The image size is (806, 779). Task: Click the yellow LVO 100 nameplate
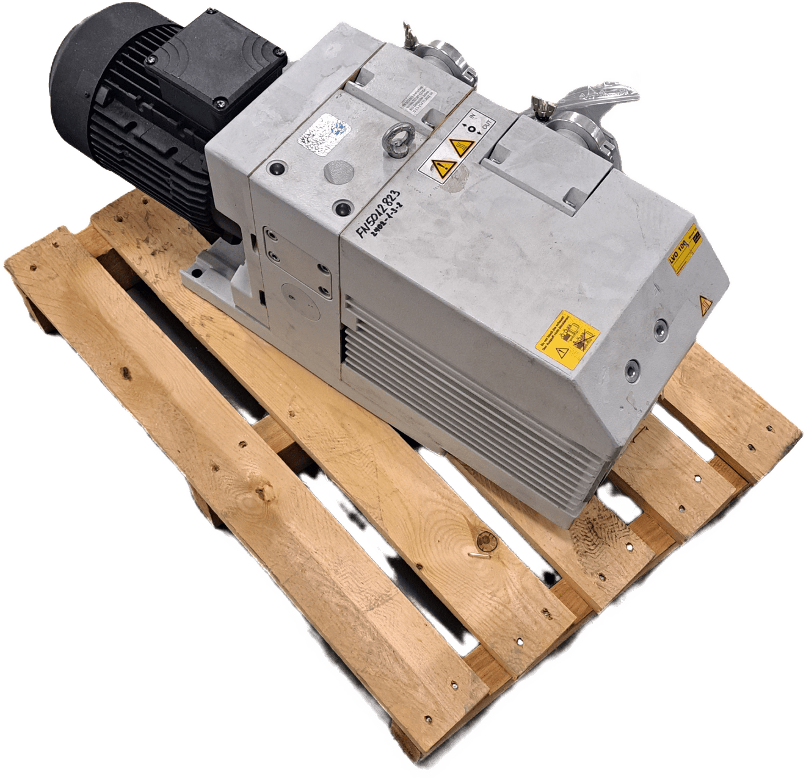(x=685, y=250)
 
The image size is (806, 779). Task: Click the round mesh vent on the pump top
(x=335, y=171)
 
